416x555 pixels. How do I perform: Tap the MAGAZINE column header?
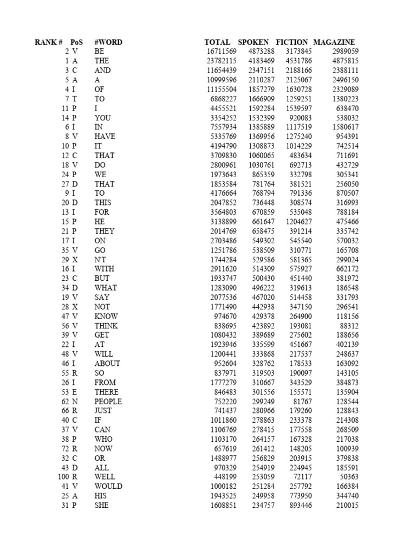(334, 42)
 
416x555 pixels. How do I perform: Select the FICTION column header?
(292, 42)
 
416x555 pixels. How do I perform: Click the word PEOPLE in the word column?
(108, 402)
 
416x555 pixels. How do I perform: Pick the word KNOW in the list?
(106, 316)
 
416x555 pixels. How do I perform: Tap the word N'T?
(101, 260)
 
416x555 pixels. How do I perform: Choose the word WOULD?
(108, 486)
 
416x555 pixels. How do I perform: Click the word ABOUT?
(107, 364)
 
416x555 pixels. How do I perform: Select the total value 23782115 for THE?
(221, 61)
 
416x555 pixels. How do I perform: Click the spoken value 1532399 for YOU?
(262, 118)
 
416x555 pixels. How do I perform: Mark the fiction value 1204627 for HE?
(296, 222)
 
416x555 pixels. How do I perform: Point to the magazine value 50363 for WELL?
(349, 477)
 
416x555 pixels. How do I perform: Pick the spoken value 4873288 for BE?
(262, 51)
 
